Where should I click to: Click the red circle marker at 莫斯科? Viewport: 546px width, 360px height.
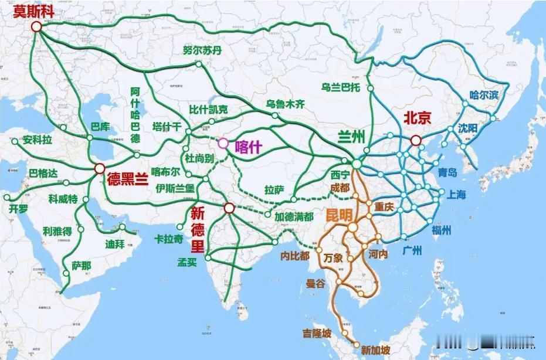[37, 26]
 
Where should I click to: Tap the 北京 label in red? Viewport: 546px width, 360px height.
[417, 118]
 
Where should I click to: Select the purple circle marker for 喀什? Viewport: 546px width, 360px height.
[223, 143]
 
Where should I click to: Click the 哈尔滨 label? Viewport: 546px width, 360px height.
[484, 94]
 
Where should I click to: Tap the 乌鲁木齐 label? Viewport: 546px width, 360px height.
[286, 104]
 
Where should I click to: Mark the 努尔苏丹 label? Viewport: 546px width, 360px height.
[202, 50]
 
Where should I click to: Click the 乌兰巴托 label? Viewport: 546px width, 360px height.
[341, 87]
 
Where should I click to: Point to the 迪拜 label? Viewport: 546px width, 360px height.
[115, 244]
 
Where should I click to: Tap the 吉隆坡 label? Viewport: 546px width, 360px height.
[317, 333]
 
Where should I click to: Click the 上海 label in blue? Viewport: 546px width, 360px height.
[456, 195]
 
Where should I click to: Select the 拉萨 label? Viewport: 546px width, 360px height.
[274, 190]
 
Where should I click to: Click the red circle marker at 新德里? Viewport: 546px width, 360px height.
[229, 207]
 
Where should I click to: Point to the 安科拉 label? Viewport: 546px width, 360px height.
[38, 141]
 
